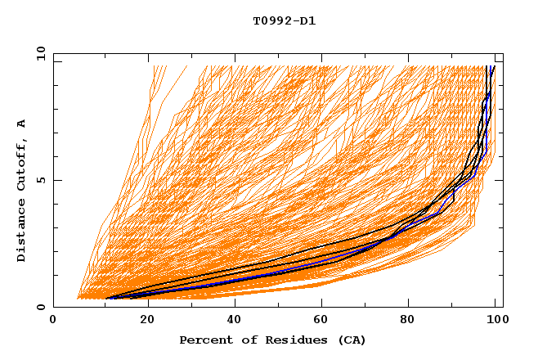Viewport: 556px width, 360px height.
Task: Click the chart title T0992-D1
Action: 284,21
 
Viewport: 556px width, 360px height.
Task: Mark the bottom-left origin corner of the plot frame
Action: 54,308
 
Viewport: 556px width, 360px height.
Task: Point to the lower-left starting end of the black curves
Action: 107,298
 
